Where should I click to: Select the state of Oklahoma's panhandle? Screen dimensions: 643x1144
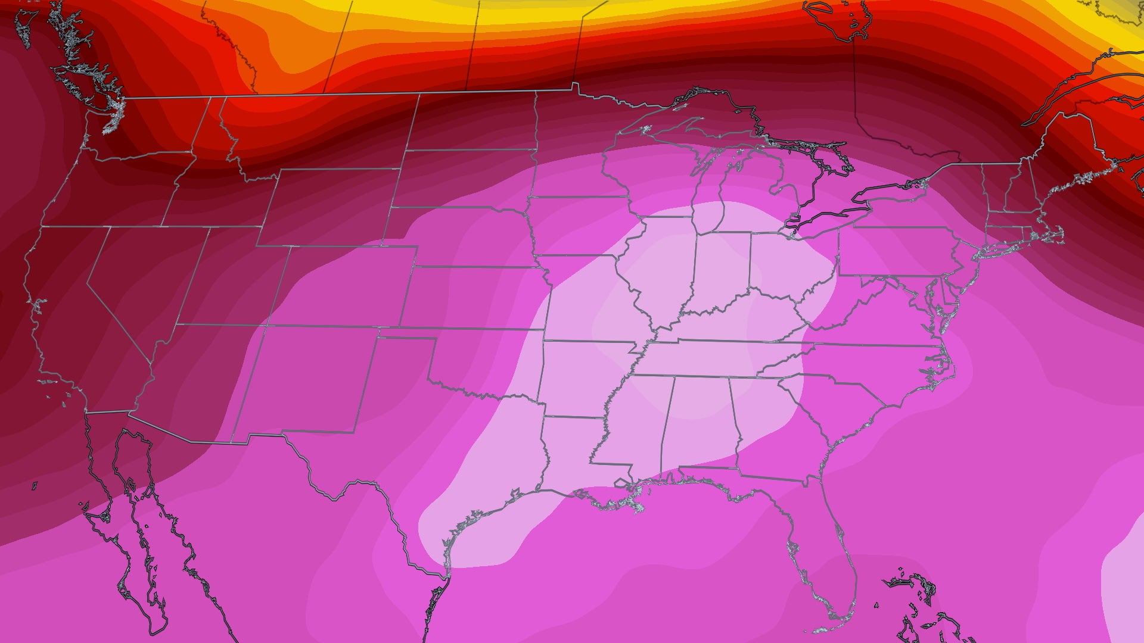point(405,333)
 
